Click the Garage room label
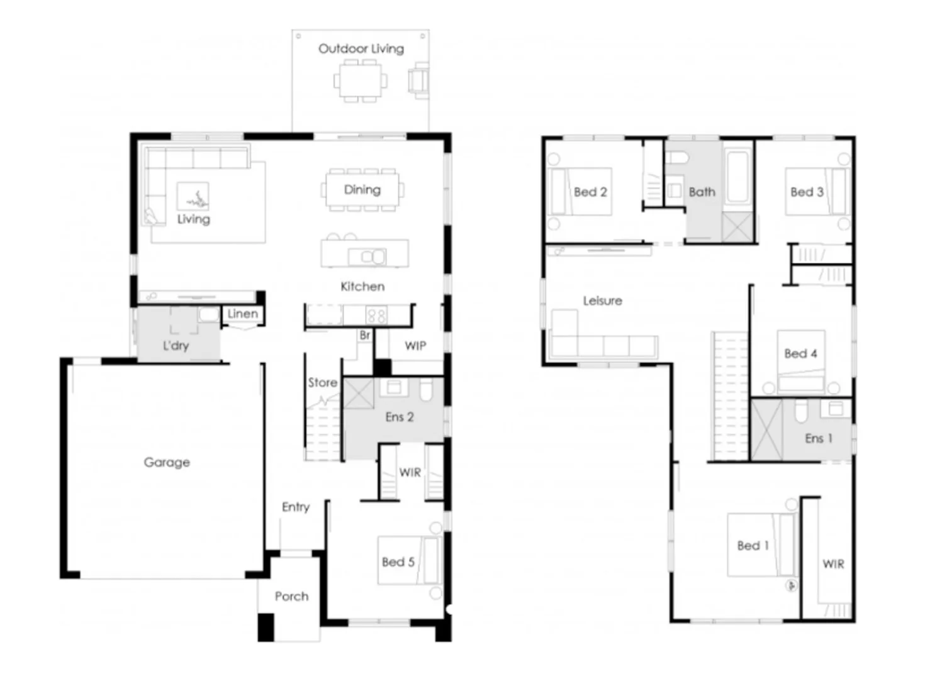pyautogui.click(x=167, y=462)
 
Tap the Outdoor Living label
pyautogui.click(x=361, y=48)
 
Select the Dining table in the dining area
pyautogui.click(x=362, y=190)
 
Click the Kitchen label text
pyautogui.click(x=362, y=287)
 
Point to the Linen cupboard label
pyautogui.click(x=242, y=314)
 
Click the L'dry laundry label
pyautogui.click(x=176, y=345)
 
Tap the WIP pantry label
pyautogui.click(x=415, y=346)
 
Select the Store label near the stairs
pyautogui.click(x=322, y=382)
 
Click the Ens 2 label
pyautogui.click(x=399, y=417)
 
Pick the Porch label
pyautogui.click(x=291, y=596)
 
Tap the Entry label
pyautogui.click(x=295, y=507)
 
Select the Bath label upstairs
pyautogui.click(x=702, y=192)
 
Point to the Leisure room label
pyautogui.click(x=602, y=301)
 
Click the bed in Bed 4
pyautogui.click(x=800, y=361)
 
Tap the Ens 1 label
pyautogui.click(x=818, y=438)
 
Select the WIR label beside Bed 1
pyautogui.click(x=833, y=564)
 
